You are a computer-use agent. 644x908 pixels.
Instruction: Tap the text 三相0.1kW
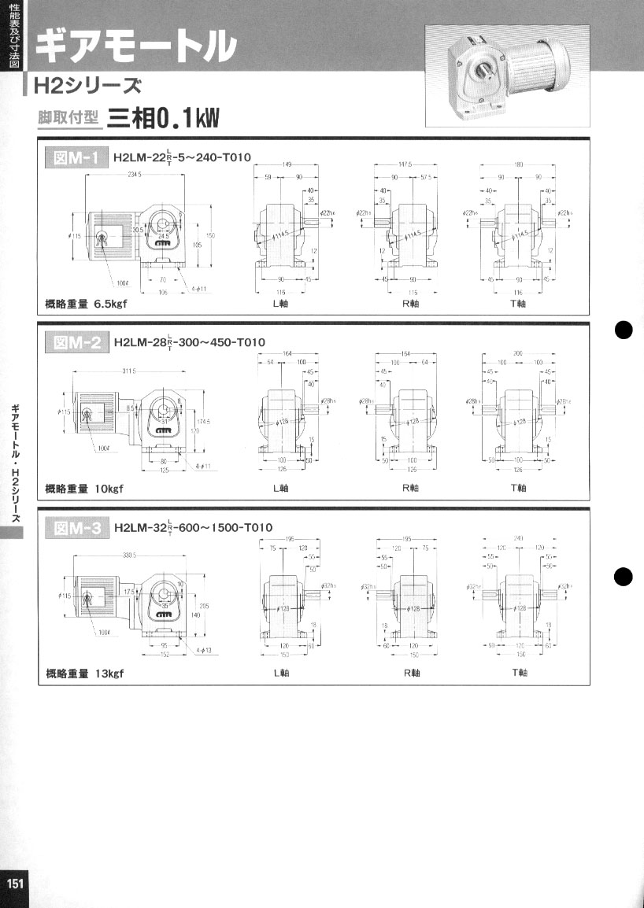tap(164, 118)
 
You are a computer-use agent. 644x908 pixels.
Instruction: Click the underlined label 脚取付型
tap(69, 118)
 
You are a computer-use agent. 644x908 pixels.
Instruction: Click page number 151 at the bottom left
tap(15, 883)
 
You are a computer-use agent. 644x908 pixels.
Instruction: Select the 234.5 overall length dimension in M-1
tap(135, 175)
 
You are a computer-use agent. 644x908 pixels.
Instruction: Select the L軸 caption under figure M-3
tap(280, 674)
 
